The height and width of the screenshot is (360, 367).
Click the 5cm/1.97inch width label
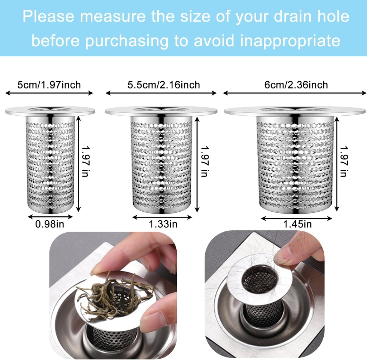49,85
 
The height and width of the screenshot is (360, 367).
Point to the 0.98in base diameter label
50,225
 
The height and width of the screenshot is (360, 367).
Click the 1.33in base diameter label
163,225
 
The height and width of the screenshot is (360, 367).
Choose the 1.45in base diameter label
297,225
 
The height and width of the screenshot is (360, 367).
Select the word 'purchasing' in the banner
127,41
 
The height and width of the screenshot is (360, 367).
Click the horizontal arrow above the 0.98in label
50,216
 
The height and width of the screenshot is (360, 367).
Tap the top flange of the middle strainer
161,111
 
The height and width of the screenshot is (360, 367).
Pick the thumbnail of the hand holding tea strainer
113,295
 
